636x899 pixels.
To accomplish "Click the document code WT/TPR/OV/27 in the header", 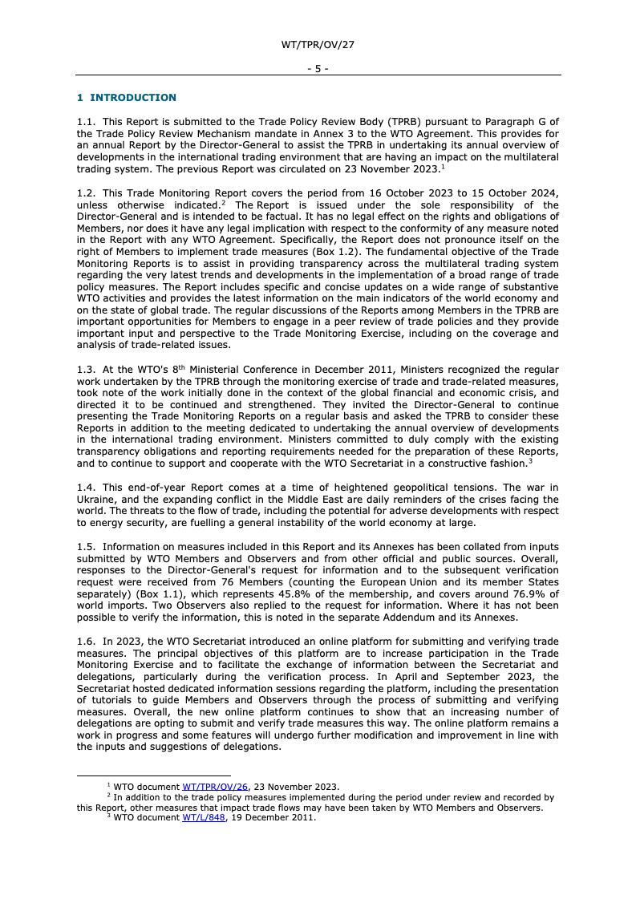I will (318, 45).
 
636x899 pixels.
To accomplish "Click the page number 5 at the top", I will (318, 69).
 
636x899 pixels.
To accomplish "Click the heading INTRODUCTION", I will (132, 98).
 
